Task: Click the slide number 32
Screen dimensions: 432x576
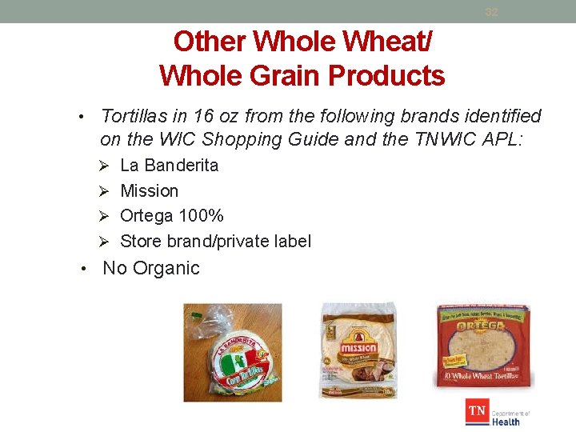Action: tap(492, 12)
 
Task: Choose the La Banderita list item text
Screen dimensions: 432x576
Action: tap(169, 166)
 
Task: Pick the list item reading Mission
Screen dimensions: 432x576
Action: tap(149, 190)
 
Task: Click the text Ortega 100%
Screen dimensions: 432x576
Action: tap(172, 216)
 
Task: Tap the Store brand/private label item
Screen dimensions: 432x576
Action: tap(215, 241)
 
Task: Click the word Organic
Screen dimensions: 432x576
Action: tap(166, 268)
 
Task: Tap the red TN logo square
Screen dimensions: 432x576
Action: tap(478, 413)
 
